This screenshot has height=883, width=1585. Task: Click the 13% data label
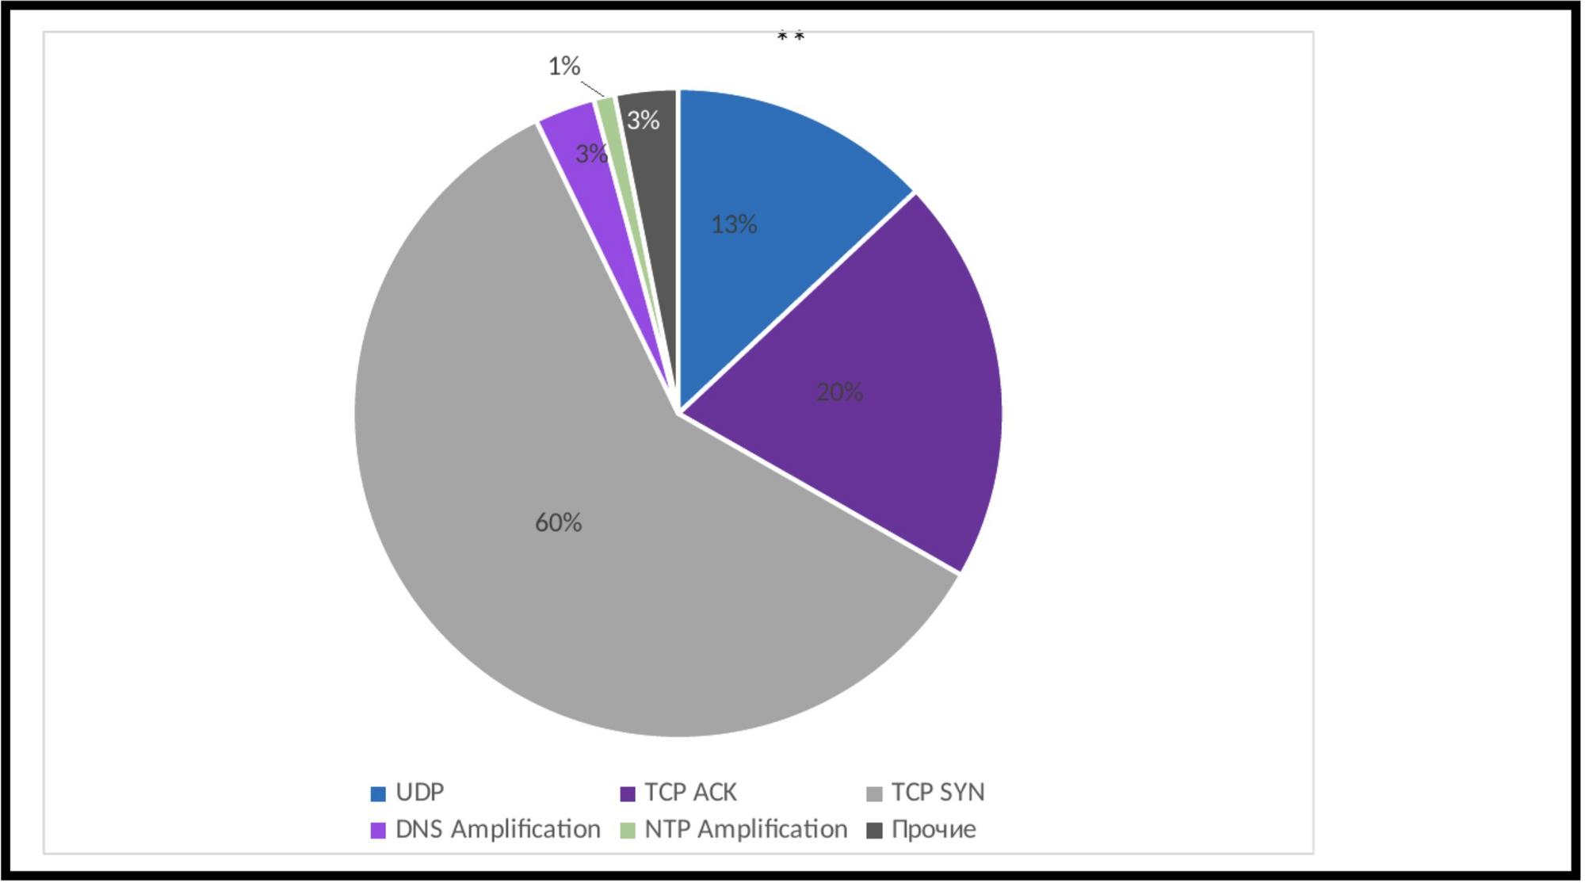735,225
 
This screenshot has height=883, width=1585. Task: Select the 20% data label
840,392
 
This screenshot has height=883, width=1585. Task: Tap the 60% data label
559,522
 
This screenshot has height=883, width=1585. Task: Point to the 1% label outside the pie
564,66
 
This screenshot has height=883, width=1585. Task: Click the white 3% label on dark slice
644,120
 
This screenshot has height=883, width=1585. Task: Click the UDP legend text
420,793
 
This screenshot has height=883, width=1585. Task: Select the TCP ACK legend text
690,793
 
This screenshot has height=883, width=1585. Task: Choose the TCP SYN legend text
938,793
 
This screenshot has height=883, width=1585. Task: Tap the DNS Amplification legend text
498,830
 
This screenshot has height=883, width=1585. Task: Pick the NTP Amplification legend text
746,830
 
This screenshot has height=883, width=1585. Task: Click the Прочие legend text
934,830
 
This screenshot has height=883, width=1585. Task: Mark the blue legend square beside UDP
379,793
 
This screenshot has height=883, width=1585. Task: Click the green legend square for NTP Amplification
628,831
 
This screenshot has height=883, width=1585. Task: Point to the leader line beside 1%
593,88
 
